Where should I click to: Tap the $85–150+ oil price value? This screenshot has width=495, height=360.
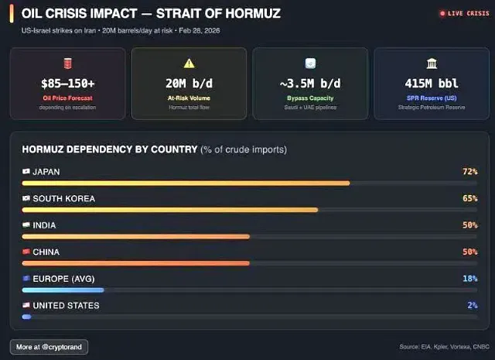pos(67,84)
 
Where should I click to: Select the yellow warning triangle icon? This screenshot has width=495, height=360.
pos(189,63)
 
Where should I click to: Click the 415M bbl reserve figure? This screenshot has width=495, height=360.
pos(431,84)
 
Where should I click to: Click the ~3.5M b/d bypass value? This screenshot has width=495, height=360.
pos(310,84)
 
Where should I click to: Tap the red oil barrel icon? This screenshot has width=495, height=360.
pos(67,63)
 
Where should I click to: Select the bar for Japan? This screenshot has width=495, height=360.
pos(186,183)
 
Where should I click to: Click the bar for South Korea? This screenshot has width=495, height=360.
pos(170,210)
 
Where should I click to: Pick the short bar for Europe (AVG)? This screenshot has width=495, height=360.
pos(63,290)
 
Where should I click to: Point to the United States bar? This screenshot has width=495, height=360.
pos(26,317)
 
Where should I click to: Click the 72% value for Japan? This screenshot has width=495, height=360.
pos(469,171)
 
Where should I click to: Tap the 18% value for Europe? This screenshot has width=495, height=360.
pos(469,278)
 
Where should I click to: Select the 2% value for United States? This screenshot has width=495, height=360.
pos(472,305)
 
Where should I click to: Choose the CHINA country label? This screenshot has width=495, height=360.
pos(46,252)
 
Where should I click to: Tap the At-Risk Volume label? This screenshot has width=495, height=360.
pos(189,98)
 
